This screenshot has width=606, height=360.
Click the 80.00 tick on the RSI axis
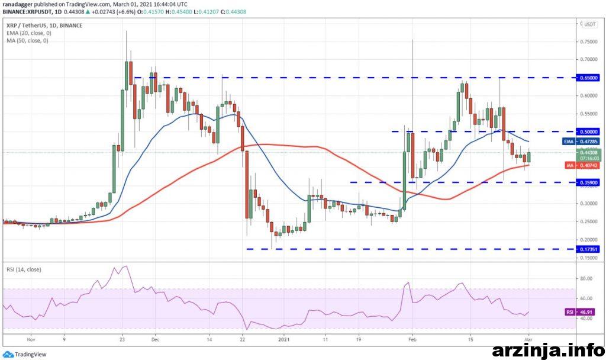(586, 278)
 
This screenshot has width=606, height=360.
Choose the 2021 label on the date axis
(285, 340)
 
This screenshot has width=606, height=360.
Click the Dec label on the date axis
(155, 340)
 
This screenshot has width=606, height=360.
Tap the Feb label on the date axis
(412, 340)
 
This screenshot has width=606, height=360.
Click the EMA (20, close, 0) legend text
(28, 33)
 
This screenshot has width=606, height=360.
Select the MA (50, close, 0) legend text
(27, 40)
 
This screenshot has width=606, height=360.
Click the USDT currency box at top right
(589, 24)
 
